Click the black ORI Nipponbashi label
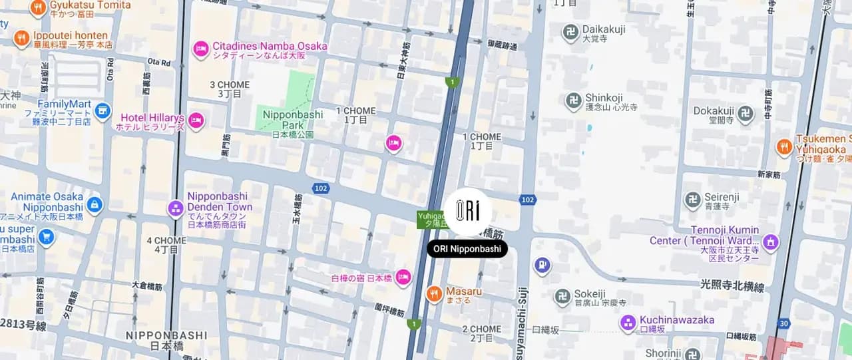click(x=467, y=249)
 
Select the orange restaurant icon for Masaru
click(x=434, y=293)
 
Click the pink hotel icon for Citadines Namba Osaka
click(x=201, y=49)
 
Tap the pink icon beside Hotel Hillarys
click(x=196, y=120)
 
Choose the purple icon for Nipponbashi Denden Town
click(x=176, y=208)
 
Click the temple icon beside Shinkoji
click(x=573, y=101)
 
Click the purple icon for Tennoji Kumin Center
click(x=771, y=241)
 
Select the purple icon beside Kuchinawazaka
click(x=628, y=323)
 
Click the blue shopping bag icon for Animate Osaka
click(x=95, y=204)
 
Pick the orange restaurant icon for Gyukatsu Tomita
click(x=38, y=8)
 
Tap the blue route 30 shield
click(x=784, y=323)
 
